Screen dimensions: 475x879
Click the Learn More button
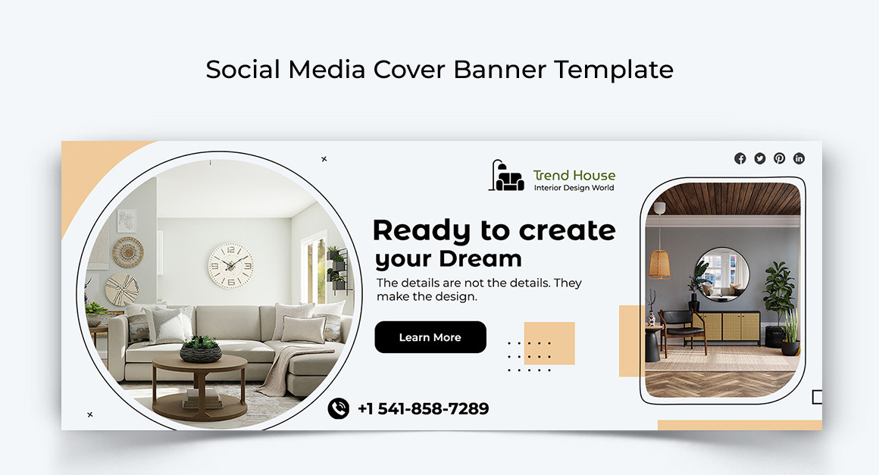click(430, 337)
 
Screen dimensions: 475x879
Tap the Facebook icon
click(740, 158)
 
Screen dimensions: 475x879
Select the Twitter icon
click(760, 158)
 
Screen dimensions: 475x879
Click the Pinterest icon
click(780, 158)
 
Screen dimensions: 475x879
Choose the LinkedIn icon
click(799, 158)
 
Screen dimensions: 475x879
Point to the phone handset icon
click(338, 408)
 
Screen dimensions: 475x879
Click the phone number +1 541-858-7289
click(423, 409)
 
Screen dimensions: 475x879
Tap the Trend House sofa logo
click(506, 177)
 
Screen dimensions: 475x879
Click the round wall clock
click(231, 265)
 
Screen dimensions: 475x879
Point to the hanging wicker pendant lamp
click(659, 262)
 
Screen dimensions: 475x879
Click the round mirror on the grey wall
click(721, 271)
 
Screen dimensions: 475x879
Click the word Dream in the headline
click(480, 258)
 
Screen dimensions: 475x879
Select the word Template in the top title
click(613, 70)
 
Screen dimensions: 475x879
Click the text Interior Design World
click(574, 188)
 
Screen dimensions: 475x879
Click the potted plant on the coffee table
click(201, 348)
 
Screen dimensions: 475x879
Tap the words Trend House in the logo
click(574, 175)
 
